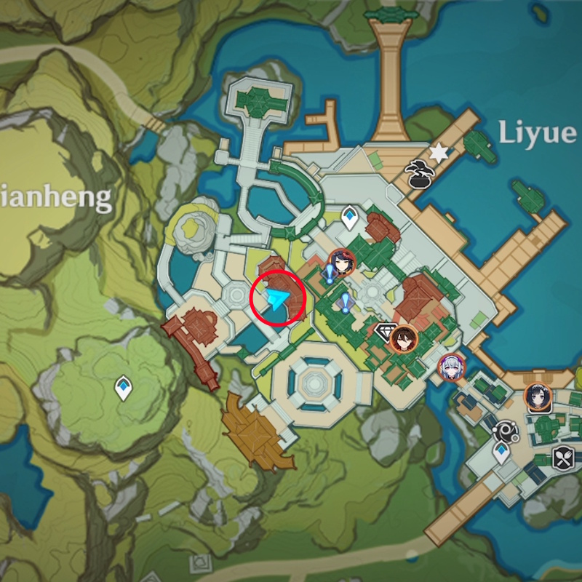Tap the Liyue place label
pos(537,132)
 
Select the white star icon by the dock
pos(439,152)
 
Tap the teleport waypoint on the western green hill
pos(123,387)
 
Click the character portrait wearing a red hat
pos(341,260)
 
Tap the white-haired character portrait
pos(452,367)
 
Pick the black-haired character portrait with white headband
pos(538,397)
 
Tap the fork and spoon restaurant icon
pos(564,458)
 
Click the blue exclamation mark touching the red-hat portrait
pos(329,274)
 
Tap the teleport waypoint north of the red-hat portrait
pos(350,217)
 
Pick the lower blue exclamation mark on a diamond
pos(344,301)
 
